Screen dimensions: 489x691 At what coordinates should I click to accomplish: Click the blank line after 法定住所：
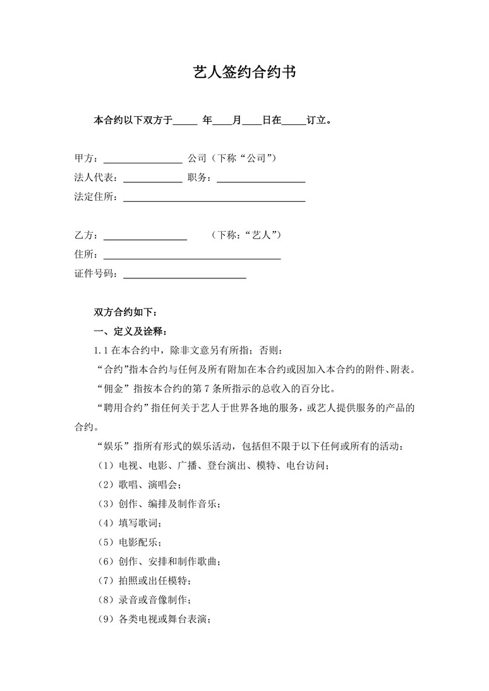point(214,201)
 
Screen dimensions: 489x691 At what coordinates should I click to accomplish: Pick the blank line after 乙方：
point(145,239)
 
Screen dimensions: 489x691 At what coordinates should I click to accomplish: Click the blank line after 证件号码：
point(184,278)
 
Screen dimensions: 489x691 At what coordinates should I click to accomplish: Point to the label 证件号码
point(95,273)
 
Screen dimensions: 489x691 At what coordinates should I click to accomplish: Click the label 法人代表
point(95,177)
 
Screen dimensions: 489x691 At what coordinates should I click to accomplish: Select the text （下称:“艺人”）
point(246,235)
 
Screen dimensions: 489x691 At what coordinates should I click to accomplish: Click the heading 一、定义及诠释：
point(131,331)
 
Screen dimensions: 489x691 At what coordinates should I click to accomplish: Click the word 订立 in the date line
point(318,119)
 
